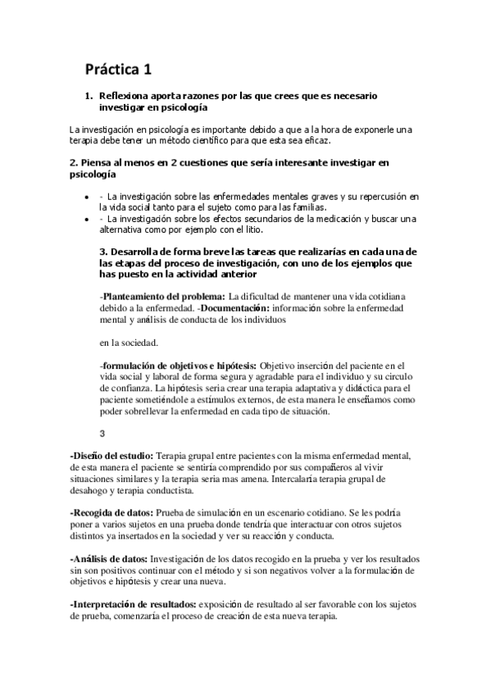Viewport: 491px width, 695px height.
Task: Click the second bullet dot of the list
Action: [x=87, y=219]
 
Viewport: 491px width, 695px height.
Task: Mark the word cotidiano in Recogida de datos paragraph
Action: [x=315, y=511]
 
